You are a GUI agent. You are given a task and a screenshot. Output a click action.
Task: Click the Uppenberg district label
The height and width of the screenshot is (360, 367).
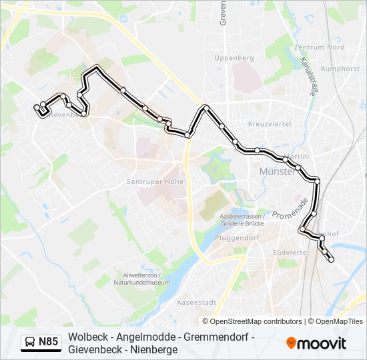234,58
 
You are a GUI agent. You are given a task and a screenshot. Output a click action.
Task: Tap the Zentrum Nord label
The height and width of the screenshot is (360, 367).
319,47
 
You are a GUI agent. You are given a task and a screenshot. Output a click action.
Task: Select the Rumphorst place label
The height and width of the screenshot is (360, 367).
340,67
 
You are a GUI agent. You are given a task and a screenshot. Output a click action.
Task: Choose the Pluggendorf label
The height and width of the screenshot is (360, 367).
238,237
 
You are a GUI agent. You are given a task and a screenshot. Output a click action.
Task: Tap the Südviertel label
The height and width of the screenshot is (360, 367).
290,253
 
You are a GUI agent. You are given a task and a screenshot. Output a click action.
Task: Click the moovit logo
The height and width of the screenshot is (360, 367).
316,343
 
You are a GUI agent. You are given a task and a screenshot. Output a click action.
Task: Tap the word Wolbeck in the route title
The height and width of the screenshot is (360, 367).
85,337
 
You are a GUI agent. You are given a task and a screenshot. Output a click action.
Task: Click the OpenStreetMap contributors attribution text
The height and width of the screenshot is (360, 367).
256,321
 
